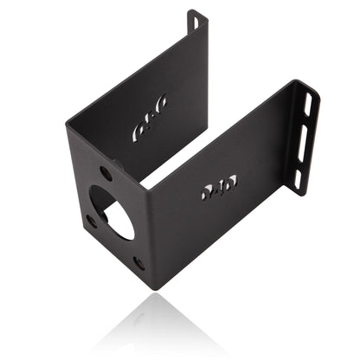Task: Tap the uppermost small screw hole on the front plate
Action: pos(106,173)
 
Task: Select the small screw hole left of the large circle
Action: pos(92,221)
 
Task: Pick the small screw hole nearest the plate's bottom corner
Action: pos(138,261)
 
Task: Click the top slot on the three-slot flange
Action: pos(309,104)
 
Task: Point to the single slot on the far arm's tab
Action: pos(195,22)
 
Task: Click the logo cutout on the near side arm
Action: pos(217,188)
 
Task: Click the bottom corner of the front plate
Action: pos(152,286)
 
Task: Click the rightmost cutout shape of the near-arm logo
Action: pos(230,183)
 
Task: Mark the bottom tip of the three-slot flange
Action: pos(296,193)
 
